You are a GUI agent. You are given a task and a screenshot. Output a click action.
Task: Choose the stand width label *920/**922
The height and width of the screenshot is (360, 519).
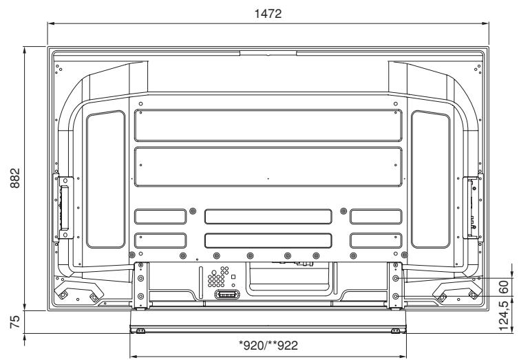point(268,346)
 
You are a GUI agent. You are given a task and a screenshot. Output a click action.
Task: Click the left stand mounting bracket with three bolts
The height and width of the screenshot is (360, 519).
point(140,282)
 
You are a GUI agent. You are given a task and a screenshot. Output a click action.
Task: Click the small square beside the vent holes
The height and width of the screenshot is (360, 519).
point(233,277)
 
